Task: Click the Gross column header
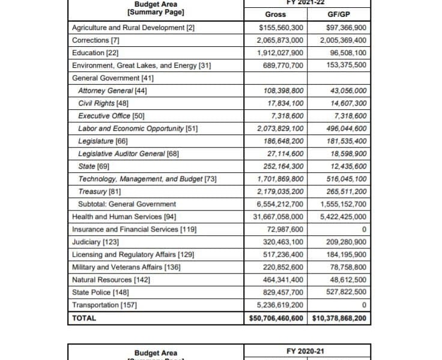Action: coord(275,14)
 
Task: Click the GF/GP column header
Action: coord(339,14)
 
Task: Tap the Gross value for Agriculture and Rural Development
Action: coord(281,28)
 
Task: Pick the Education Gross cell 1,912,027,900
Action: coord(280,53)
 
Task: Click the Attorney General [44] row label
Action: coord(112,91)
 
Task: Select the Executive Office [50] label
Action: coord(111,116)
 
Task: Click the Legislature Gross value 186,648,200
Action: coord(280,141)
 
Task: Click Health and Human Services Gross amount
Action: coord(278,217)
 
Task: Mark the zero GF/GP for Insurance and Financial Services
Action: coord(365,229)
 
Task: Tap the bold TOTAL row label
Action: coord(84,318)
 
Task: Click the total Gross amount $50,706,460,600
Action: coord(276,318)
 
